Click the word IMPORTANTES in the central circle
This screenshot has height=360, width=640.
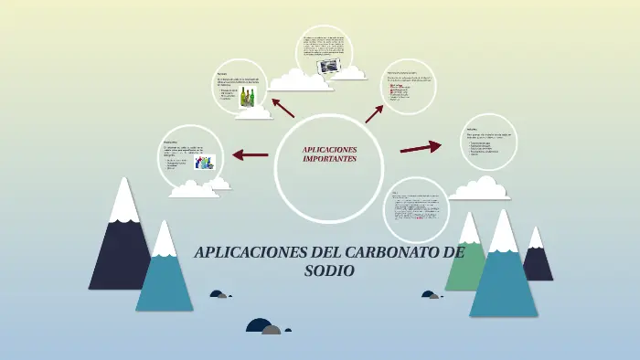(329, 158)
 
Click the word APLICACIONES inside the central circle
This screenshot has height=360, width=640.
(329, 149)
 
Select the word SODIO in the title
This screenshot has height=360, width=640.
(329, 270)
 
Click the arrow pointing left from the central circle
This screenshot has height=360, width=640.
(250, 154)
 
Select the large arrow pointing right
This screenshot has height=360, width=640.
(421, 146)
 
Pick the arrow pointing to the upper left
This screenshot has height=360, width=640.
(283, 109)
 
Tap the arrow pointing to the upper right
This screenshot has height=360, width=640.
(375, 112)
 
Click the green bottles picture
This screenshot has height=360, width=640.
(247, 98)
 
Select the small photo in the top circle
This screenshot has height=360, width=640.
(326, 67)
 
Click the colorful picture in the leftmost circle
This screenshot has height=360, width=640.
(205, 162)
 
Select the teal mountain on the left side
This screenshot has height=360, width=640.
(165, 279)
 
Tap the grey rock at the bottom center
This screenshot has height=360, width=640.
(272, 330)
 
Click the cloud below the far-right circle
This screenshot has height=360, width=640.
(479, 188)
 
